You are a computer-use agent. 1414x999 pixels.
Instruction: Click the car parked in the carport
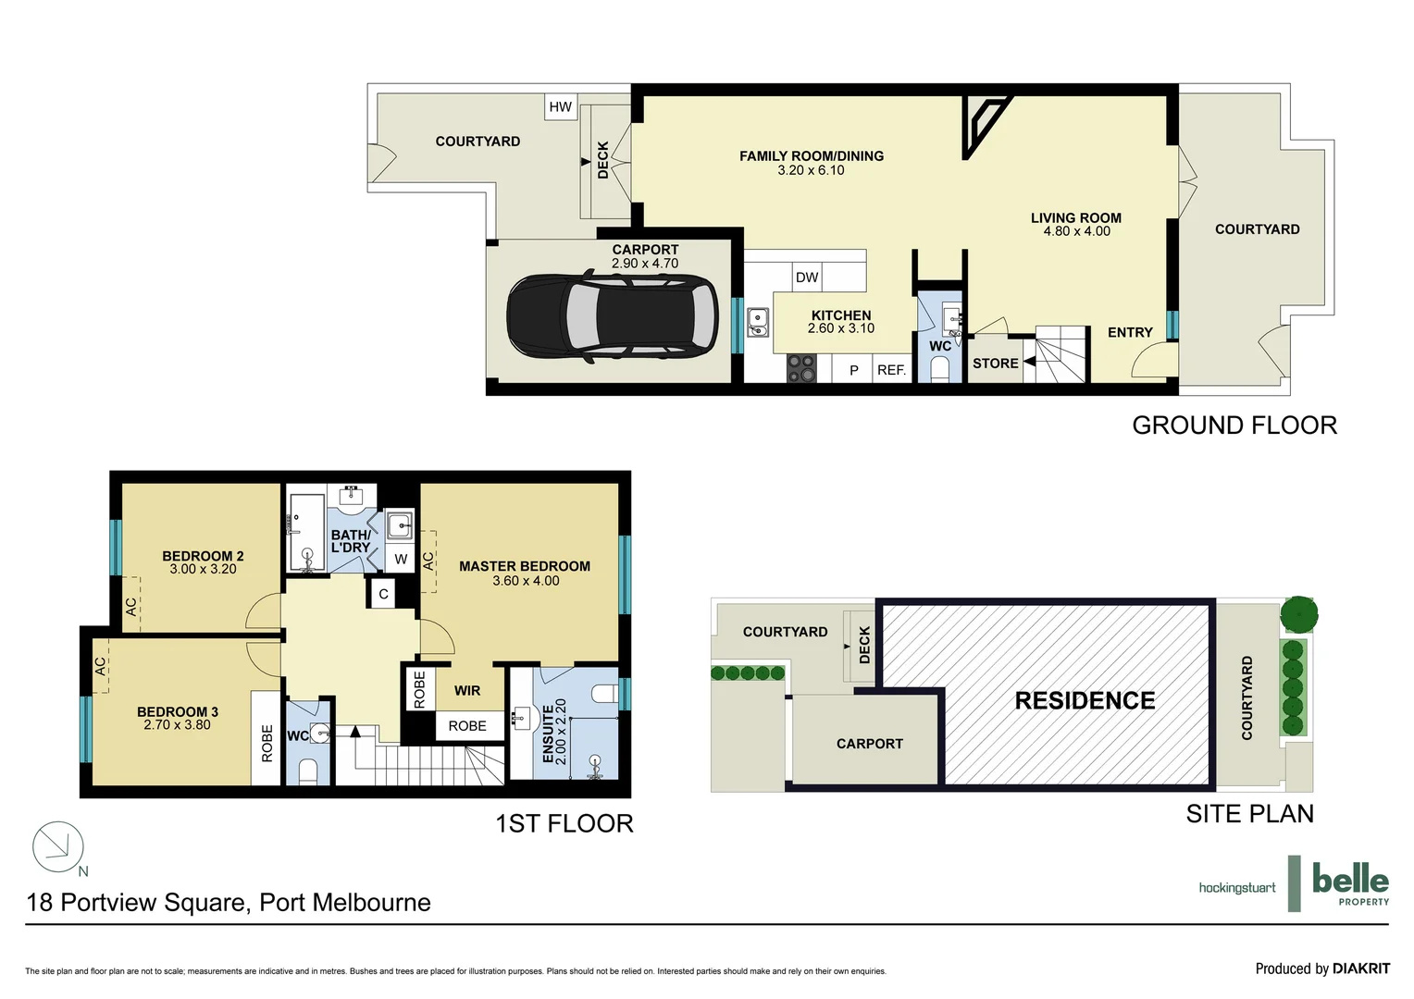point(612,315)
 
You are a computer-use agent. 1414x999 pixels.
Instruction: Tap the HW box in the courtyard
point(560,106)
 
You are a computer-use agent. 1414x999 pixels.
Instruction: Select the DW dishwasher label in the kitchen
point(807,277)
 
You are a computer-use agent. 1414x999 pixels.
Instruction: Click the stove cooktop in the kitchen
point(801,368)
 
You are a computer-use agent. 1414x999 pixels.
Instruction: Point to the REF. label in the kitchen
point(891,370)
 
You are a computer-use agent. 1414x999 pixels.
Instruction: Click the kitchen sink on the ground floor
point(758,322)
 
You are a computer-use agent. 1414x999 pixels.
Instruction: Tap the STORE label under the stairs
point(995,364)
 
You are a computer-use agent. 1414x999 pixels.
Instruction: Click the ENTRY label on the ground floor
point(1130,332)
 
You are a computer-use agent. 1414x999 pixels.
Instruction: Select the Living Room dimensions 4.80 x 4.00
point(1076,231)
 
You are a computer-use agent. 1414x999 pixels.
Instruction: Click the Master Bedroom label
point(524,566)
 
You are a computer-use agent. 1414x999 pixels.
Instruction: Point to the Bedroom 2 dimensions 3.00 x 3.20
point(203,570)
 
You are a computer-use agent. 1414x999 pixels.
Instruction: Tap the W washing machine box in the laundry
point(401,559)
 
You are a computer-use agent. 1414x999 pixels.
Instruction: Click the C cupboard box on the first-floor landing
point(383,594)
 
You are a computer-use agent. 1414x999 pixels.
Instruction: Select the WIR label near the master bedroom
point(467,690)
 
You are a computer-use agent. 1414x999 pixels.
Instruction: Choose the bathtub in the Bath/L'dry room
point(305,531)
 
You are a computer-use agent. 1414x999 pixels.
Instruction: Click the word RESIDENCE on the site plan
point(1085,700)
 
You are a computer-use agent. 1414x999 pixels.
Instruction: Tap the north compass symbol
point(58,846)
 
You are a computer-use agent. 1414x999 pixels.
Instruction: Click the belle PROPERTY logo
point(1349,882)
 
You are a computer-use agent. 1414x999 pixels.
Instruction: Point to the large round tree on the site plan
point(1298,614)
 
